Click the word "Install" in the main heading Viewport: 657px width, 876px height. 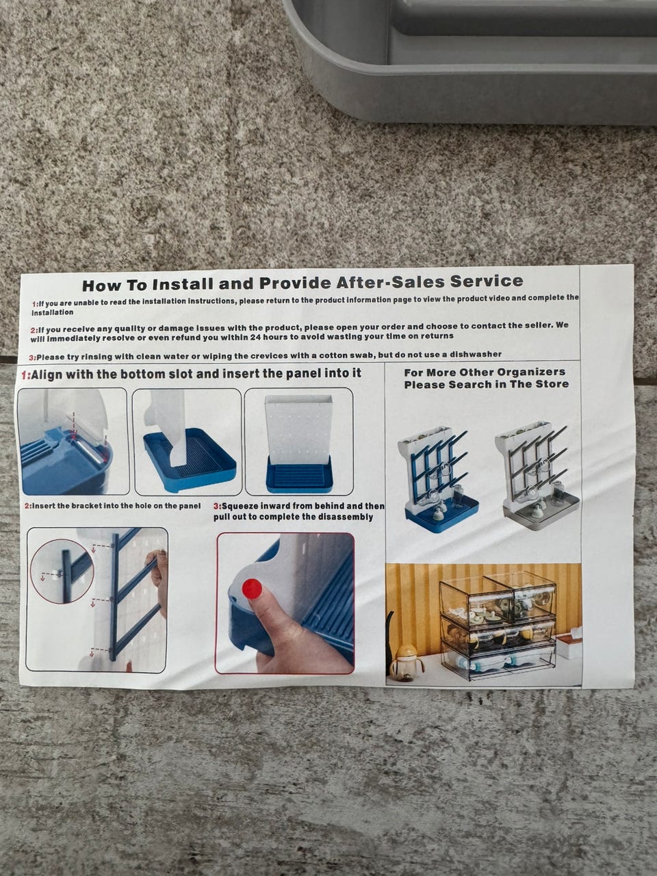click(x=183, y=285)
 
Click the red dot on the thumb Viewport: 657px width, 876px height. click(x=252, y=589)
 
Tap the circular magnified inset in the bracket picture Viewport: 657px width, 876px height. click(x=62, y=570)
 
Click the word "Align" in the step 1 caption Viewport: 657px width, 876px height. click(x=47, y=375)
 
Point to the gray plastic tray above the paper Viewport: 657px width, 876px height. click(x=471, y=60)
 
